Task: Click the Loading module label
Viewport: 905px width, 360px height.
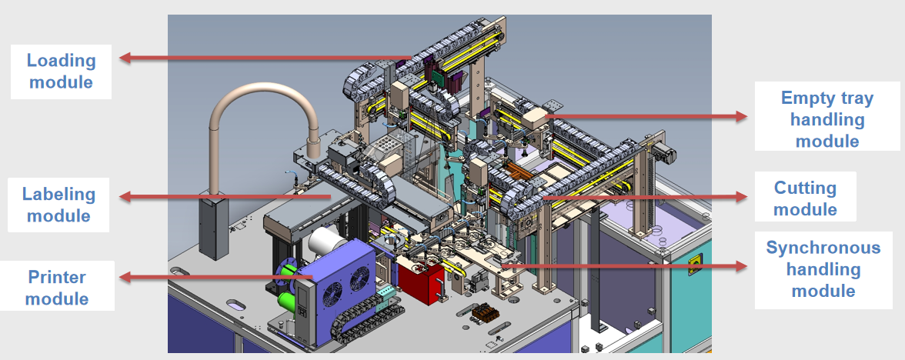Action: coord(62,71)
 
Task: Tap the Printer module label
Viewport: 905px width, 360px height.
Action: coord(57,287)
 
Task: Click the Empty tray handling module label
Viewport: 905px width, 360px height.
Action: coord(827,120)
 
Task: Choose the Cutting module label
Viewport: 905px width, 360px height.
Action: coord(805,198)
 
